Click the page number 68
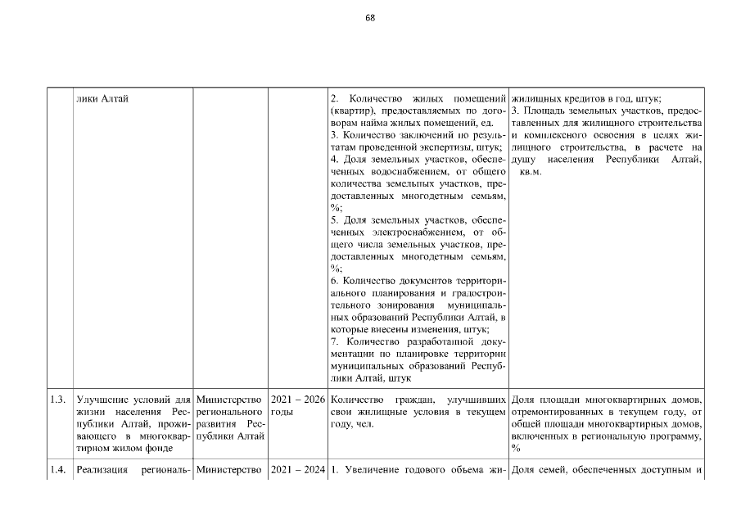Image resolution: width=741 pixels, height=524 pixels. point(370,17)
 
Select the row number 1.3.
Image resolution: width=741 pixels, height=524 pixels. point(56,400)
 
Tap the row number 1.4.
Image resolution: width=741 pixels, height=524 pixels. point(56,470)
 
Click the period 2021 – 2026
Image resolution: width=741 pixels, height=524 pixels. point(297,400)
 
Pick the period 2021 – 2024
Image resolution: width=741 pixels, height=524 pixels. point(297,470)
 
